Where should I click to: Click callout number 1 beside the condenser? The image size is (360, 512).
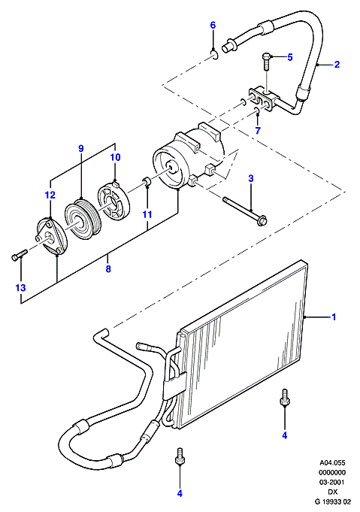pyautogui.click(x=334, y=317)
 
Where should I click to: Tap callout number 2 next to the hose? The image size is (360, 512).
pyautogui.click(x=337, y=65)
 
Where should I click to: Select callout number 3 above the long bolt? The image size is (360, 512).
pyautogui.click(x=251, y=179)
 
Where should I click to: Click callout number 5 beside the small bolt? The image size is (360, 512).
pyautogui.click(x=290, y=57)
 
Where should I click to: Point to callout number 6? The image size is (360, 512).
pyautogui.click(x=213, y=25)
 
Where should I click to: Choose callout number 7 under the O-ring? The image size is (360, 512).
pyautogui.click(x=258, y=131)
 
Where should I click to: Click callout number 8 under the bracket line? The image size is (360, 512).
pyautogui.click(x=108, y=268)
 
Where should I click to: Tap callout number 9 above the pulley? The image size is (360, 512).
pyautogui.click(x=81, y=149)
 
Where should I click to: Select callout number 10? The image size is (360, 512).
pyautogui.click(x=115, y=157)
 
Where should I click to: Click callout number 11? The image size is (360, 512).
pyautogui.click(x=147, y=214)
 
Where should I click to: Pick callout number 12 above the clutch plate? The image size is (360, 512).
pyautogui.click(x=50, y=195)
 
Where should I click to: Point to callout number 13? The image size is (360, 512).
pyautogui.click(x=20, y=288)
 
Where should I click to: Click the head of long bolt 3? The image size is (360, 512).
pyautogui.click(x=262, y=221)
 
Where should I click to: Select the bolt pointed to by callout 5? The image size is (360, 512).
pyautogui.click(x=265, y=62)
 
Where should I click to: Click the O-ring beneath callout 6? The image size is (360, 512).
pyautogui.click(x=213, y=55)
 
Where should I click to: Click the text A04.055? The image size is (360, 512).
pyautogui.click(x=332, y=463)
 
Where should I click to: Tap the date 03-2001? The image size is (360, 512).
pyautogui.click(x=332, y=482)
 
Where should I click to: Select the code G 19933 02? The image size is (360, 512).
pyautogui.click(x=332, y=501)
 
